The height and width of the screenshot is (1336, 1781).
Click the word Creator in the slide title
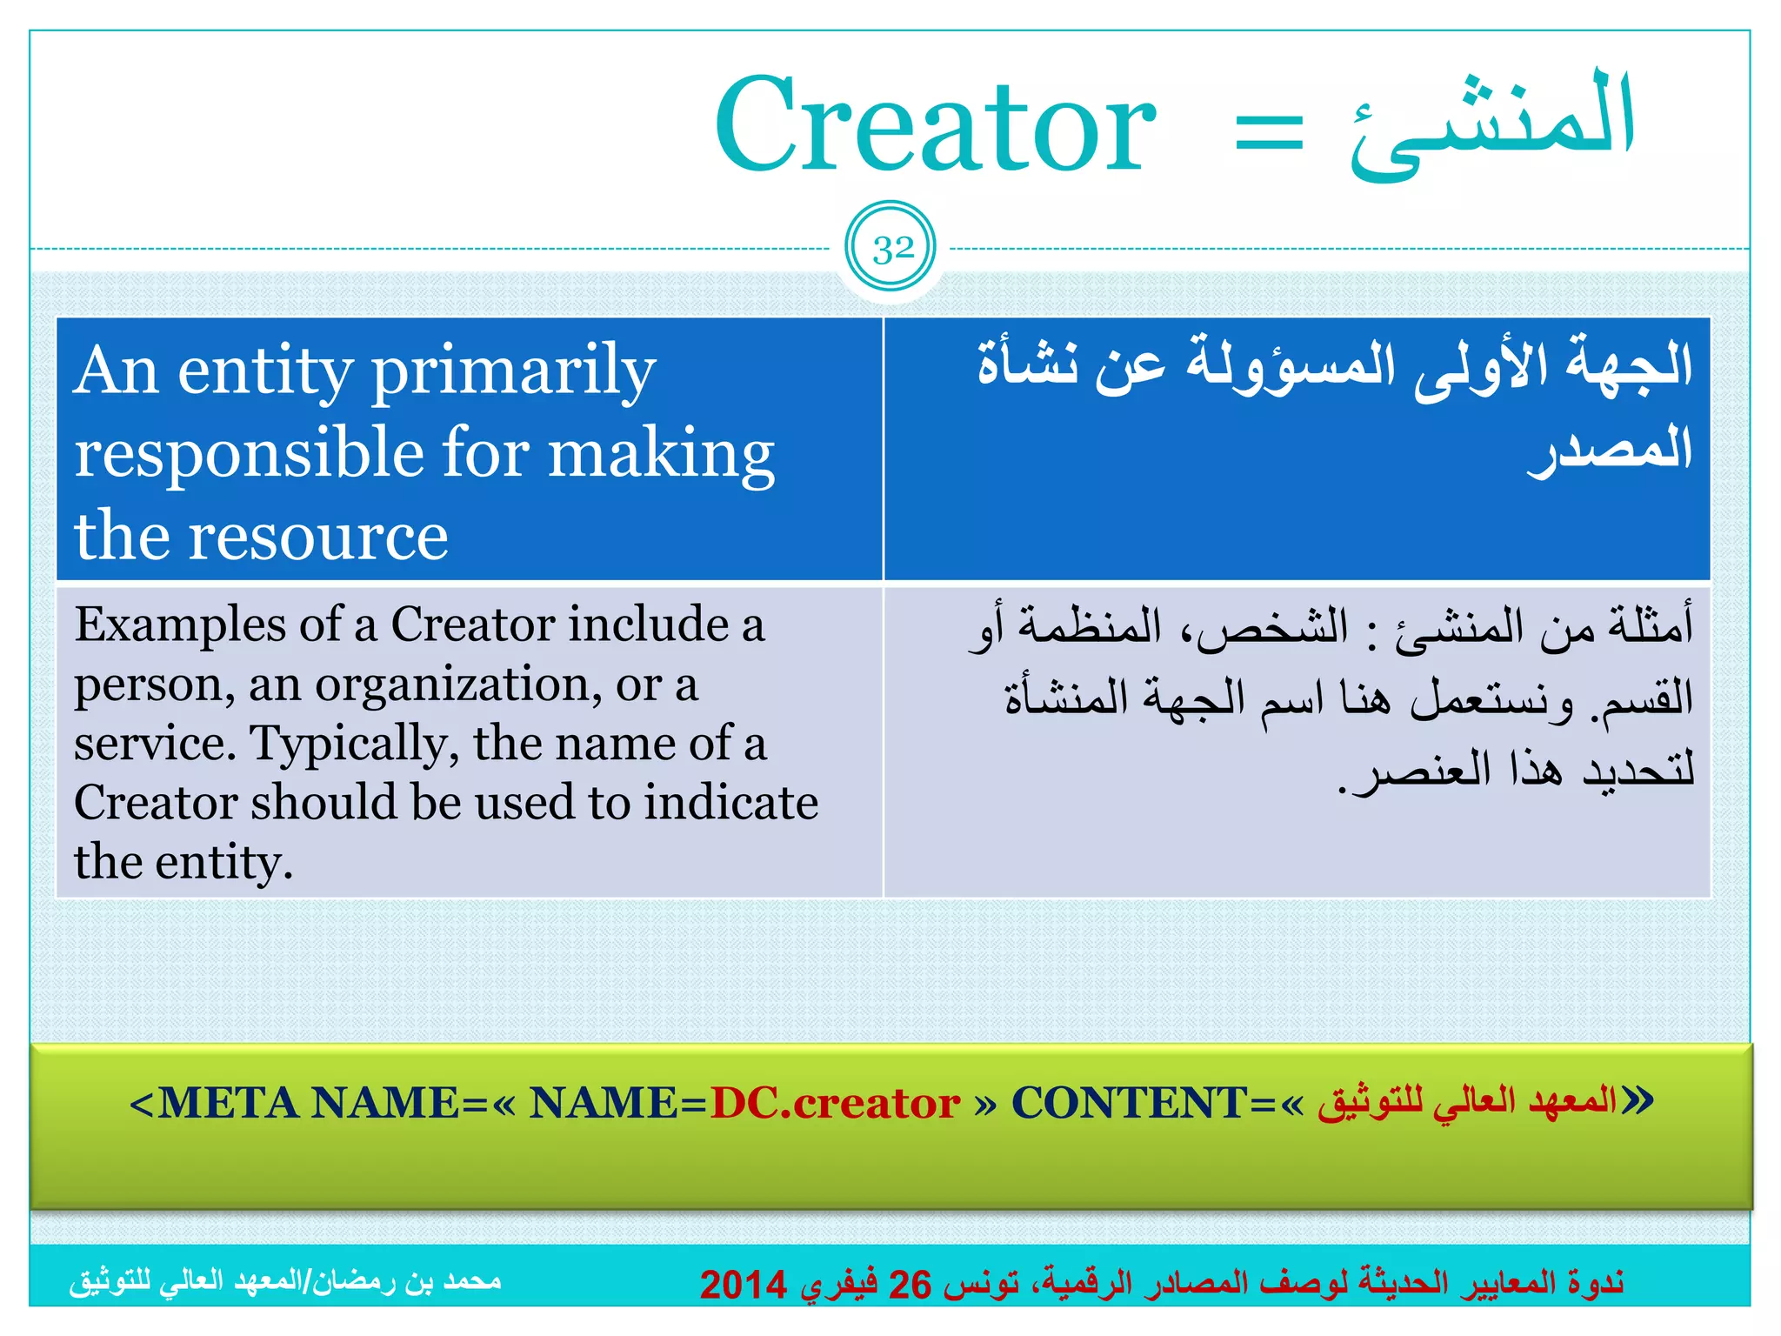pos(935,126)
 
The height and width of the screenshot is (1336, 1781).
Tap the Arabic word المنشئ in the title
pos(1492,122)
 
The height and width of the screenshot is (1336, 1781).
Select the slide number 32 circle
pos(891,249)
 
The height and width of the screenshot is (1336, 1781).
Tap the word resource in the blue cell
pos(317,536)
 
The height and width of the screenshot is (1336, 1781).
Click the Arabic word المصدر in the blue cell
pos(1609,451)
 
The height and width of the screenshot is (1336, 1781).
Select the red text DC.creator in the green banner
pos(835,1103)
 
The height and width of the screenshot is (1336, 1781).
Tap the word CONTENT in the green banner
pos(1130,1103)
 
